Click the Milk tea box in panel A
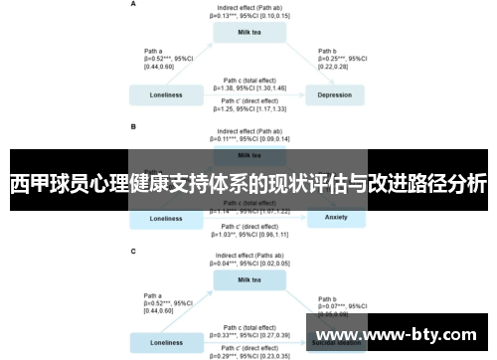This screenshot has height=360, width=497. (x=250, y=32)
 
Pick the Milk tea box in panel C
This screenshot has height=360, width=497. (x=250, y=280)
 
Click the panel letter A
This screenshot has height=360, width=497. (x=133, y=5)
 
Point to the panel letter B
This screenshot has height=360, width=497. (x=133, y=127)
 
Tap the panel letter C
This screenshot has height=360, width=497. (x=133, y=252)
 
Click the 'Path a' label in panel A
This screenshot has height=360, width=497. (x=154, y=50)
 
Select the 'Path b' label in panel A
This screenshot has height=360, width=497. (x=329, y=50)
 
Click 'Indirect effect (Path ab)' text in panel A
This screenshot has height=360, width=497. (x=250, y=8)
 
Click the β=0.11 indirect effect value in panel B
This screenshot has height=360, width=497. (x=250, y=138)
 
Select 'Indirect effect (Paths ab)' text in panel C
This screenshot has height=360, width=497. (x=250, y=256)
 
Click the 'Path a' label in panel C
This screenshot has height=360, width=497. (x=154, y=295)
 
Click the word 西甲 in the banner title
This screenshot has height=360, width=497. (x=27, y=185)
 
